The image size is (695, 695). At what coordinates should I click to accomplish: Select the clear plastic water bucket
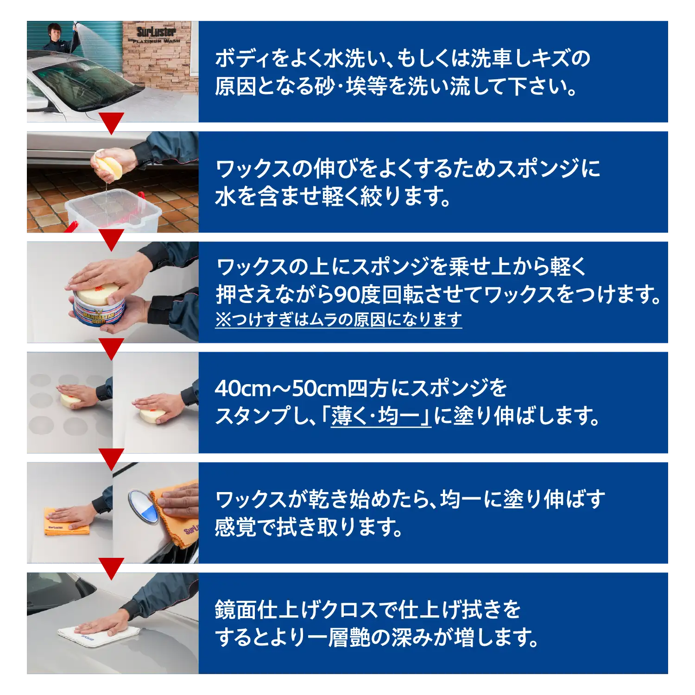click(113, 211)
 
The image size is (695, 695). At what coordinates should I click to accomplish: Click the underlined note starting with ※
click(339, 319)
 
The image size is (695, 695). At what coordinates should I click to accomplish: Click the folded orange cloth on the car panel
click(66, 522)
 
